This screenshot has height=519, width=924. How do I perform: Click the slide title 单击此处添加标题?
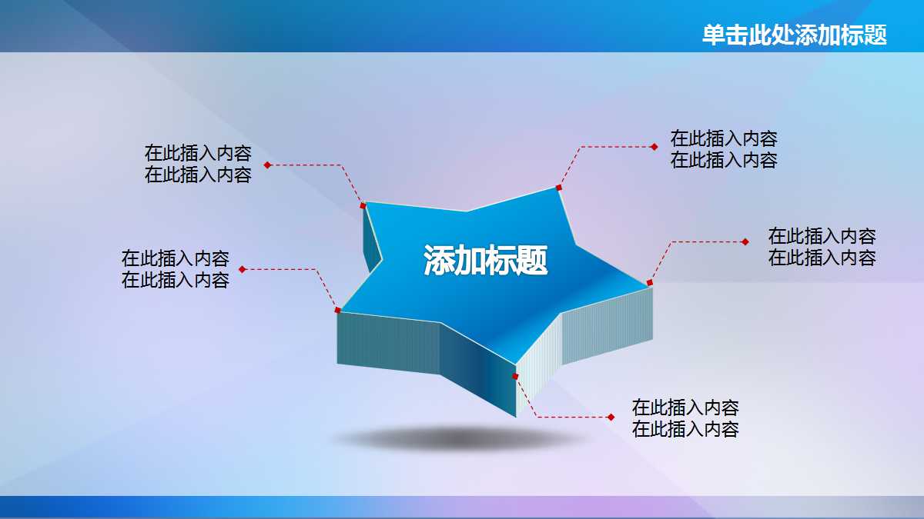794,35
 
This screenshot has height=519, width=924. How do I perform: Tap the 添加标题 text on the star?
485,261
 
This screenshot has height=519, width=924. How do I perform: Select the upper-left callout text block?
198,164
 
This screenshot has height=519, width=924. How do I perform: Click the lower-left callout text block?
175,269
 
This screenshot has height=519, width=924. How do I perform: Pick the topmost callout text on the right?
723,149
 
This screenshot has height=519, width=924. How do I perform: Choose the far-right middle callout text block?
822,247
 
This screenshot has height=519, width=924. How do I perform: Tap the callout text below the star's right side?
685,418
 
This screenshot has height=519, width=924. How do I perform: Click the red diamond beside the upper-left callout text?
267,165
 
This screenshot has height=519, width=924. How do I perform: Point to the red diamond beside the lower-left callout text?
242,269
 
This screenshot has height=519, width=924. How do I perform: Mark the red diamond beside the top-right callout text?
654,146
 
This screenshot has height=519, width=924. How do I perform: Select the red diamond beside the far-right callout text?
745,241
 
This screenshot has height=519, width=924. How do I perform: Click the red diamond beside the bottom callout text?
611,418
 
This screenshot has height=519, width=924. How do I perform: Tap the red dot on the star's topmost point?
559,187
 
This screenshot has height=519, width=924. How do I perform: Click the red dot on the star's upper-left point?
363,205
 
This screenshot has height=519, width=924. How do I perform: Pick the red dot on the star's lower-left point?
337,310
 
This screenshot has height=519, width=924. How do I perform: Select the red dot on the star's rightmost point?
649,283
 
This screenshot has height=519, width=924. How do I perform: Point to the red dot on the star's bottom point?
515,377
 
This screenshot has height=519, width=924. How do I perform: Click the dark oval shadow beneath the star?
462,439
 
